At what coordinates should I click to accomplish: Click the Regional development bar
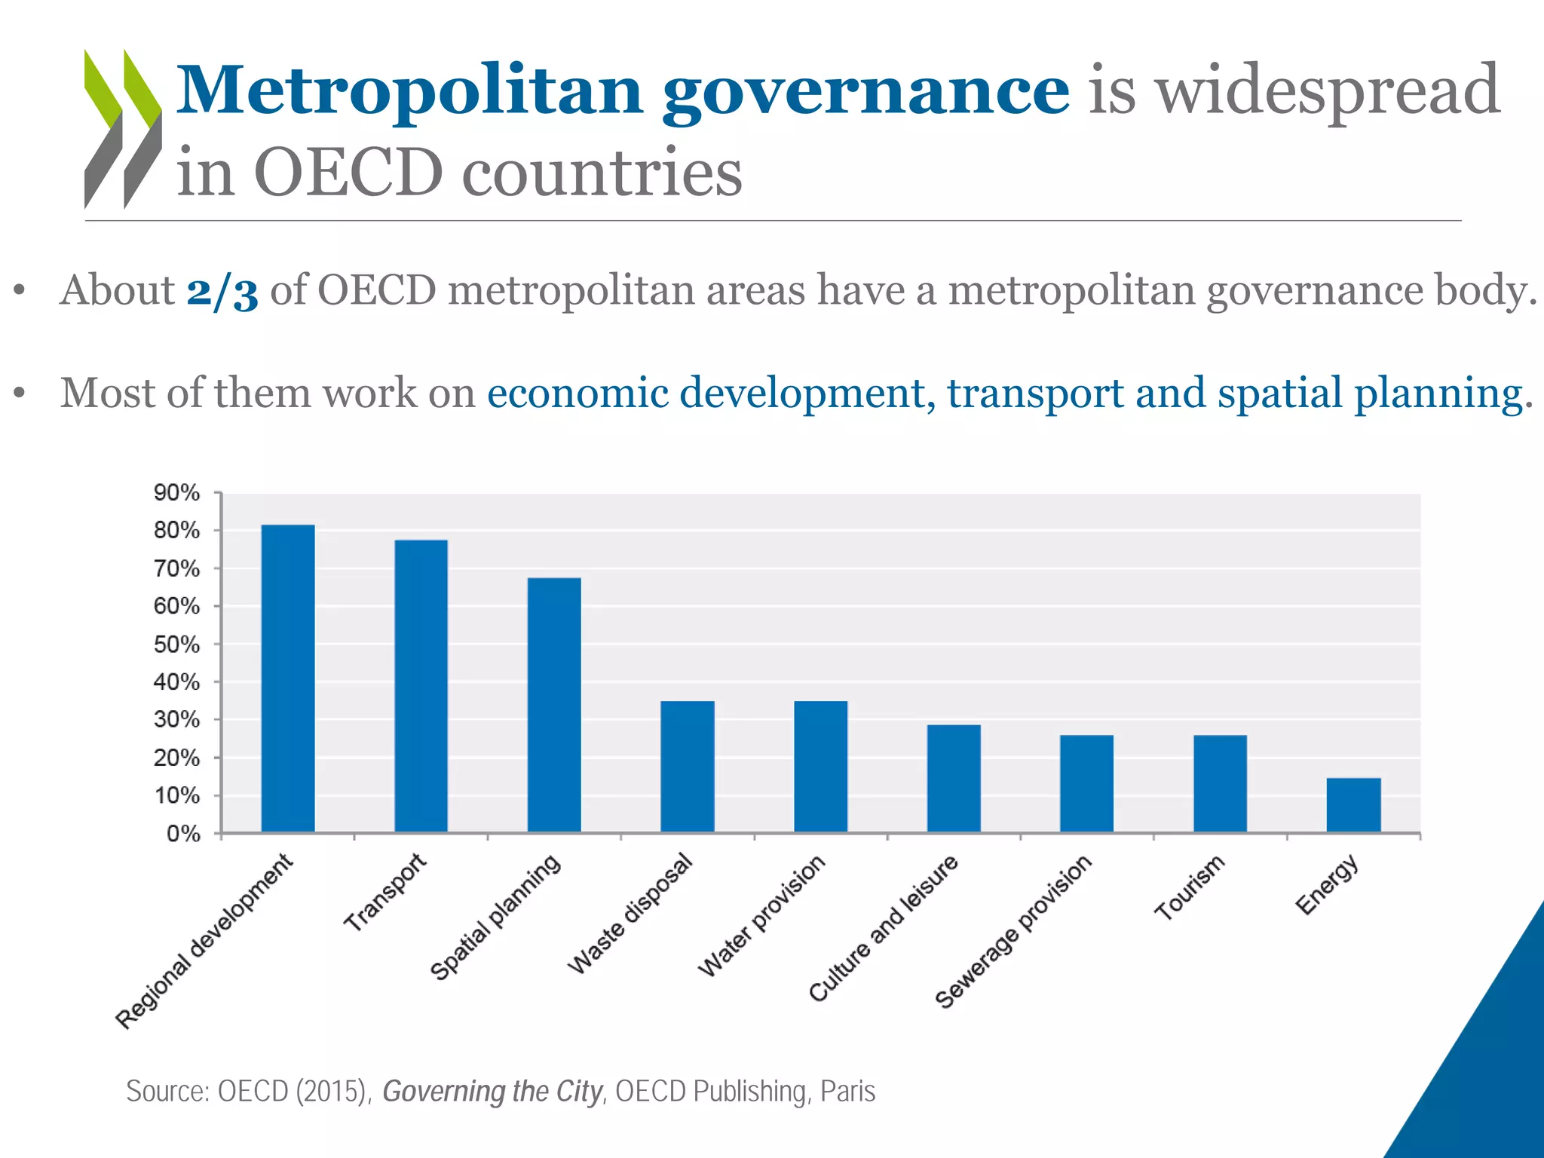pos(288,679)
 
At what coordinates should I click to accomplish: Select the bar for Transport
pos(421,686)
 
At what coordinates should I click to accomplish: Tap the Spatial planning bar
pos(554,705)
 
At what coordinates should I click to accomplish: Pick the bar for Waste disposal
pos(688,767)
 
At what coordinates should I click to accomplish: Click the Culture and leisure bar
pos(954,778)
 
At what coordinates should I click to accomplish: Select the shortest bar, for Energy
pos(1353,805)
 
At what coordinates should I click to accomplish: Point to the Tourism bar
pos(1220,783)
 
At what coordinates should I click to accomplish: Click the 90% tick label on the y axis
pos(177,493)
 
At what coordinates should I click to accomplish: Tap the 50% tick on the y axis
pos(177,645)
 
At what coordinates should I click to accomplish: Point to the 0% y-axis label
pos(183,834)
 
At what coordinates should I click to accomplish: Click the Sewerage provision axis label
pos(1013,932)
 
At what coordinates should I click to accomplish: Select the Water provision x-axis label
pos(761,917)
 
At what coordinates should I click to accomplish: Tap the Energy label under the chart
pos(1327,885)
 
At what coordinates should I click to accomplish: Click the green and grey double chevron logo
pos(122,128)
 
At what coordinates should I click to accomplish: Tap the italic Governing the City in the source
pos(492,1091)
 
